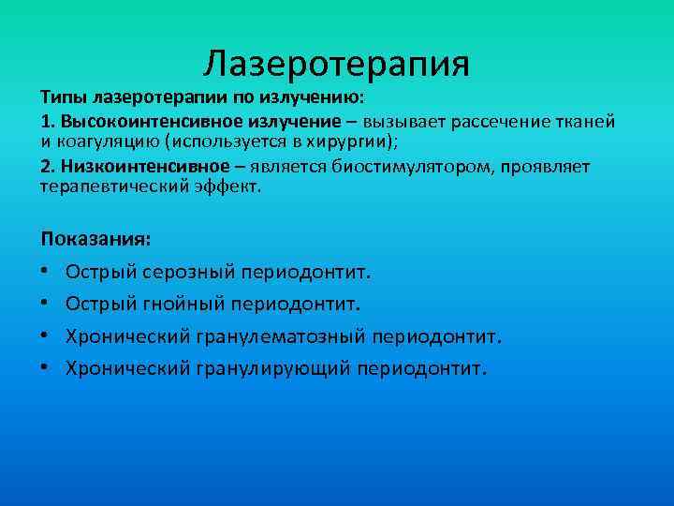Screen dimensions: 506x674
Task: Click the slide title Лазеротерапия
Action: [336, 64]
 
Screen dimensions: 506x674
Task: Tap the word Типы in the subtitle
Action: [60, 98]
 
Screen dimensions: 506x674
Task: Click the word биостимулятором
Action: [383, 166]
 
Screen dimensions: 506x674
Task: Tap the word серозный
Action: [190, 273]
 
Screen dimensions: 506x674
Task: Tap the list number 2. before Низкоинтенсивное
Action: [48, 166]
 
